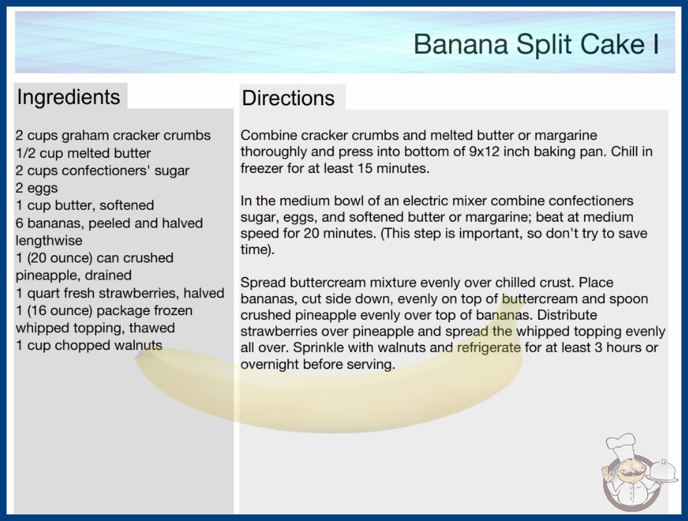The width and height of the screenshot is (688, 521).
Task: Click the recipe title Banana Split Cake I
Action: pyautogui.click(x=536, y=44)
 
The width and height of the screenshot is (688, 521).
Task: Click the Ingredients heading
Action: pyautogui.click(x=68, y=97)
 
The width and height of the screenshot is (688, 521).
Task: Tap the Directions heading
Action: pyautogui.click(x=288, y=98)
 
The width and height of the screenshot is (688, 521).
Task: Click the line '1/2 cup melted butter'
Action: pyautogui.click(x=84, y=153)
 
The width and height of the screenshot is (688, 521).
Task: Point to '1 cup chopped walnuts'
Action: pyautogui.click(x=89, y=345)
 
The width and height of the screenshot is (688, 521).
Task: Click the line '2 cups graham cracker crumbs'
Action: pyautogui.click(x=113, y=136)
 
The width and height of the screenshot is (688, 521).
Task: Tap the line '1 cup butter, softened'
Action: pyautogui.click(x=85, y=205)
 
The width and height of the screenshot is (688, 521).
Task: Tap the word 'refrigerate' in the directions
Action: pyautogui.click(x=489, y=347)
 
